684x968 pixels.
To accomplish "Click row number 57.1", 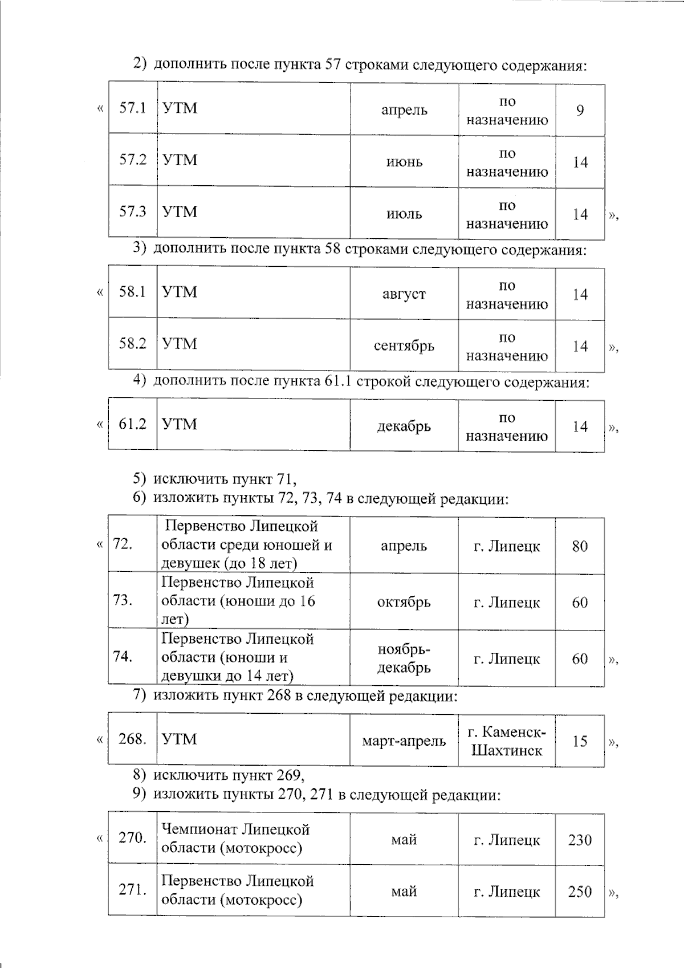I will [132, 108].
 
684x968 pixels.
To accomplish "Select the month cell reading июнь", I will [404, 162].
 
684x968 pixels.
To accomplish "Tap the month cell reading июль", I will [404, 214].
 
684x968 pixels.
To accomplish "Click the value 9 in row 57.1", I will [580, 110].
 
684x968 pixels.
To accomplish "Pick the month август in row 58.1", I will [404, 295].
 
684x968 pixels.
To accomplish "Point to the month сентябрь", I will [404, 346].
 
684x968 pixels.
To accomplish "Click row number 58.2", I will [132, 344].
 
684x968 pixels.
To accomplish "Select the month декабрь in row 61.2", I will [404, 426].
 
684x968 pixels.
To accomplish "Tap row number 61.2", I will [132, 424].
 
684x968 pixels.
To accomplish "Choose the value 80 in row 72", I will [580, 546].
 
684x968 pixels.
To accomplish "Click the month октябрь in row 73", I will [404, 603].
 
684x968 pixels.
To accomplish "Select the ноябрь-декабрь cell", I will [404, 658].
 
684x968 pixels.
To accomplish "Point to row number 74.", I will [123, 657].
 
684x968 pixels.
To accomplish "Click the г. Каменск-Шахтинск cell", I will [507, 741].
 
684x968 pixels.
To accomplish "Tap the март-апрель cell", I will [404, 741].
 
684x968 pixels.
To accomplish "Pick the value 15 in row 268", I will [580, 741].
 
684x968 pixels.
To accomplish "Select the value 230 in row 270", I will [580, 840].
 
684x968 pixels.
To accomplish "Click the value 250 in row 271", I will [580, 892].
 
